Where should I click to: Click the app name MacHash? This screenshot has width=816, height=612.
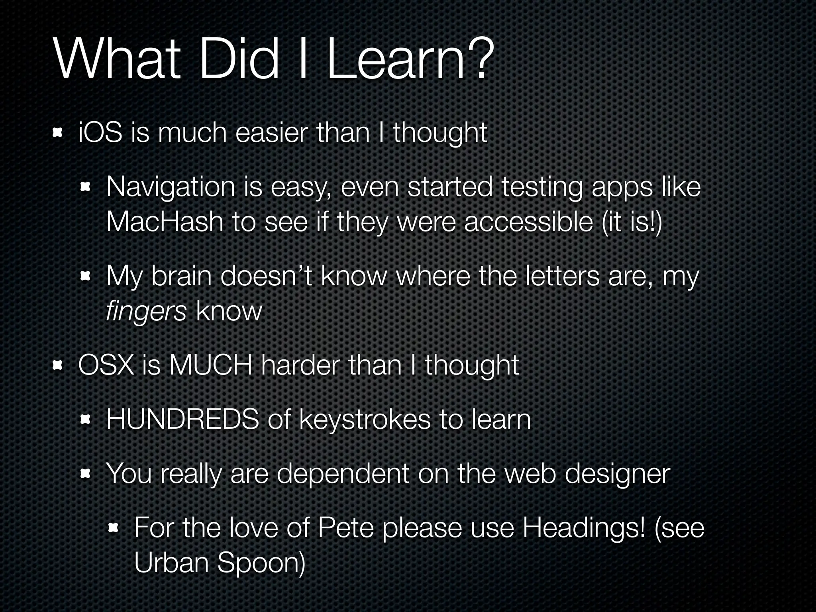(x=165, y=222)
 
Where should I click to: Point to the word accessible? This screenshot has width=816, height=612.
(x=528, y=222)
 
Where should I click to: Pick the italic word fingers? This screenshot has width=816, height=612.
(x=146, y=311)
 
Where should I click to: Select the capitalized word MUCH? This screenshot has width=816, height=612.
(x=210, y=365)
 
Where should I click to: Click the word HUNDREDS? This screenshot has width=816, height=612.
(x=183, y=419)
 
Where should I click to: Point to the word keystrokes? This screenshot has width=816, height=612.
(x=365, y=419)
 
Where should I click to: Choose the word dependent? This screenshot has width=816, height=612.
(x=343, y=474)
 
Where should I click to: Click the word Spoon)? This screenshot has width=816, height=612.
(x=261, y=562)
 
